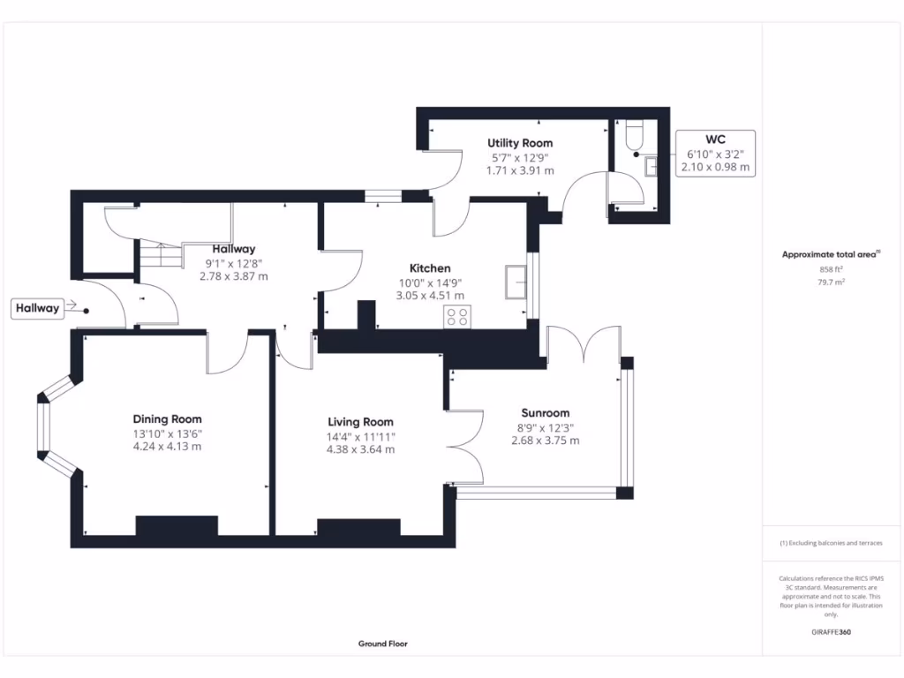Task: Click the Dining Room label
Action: tap(167, 419)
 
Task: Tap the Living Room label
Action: tap(360, 422)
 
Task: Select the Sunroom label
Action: tap(545, 412)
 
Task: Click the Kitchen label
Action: tap(430, 268)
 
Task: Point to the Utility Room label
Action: tap(520, 143)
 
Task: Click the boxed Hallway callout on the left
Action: tap(36, 308)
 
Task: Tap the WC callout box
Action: tap(714, 153)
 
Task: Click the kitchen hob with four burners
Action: tap(457, 317)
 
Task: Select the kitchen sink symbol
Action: tap(515, 281)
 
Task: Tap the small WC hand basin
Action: tap(652, 166)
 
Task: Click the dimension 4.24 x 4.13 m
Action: tap(167, 447)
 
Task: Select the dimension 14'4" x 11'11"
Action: tap(360, 436)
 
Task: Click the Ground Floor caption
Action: tap(382, 644)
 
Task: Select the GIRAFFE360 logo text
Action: tap(832, 632)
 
